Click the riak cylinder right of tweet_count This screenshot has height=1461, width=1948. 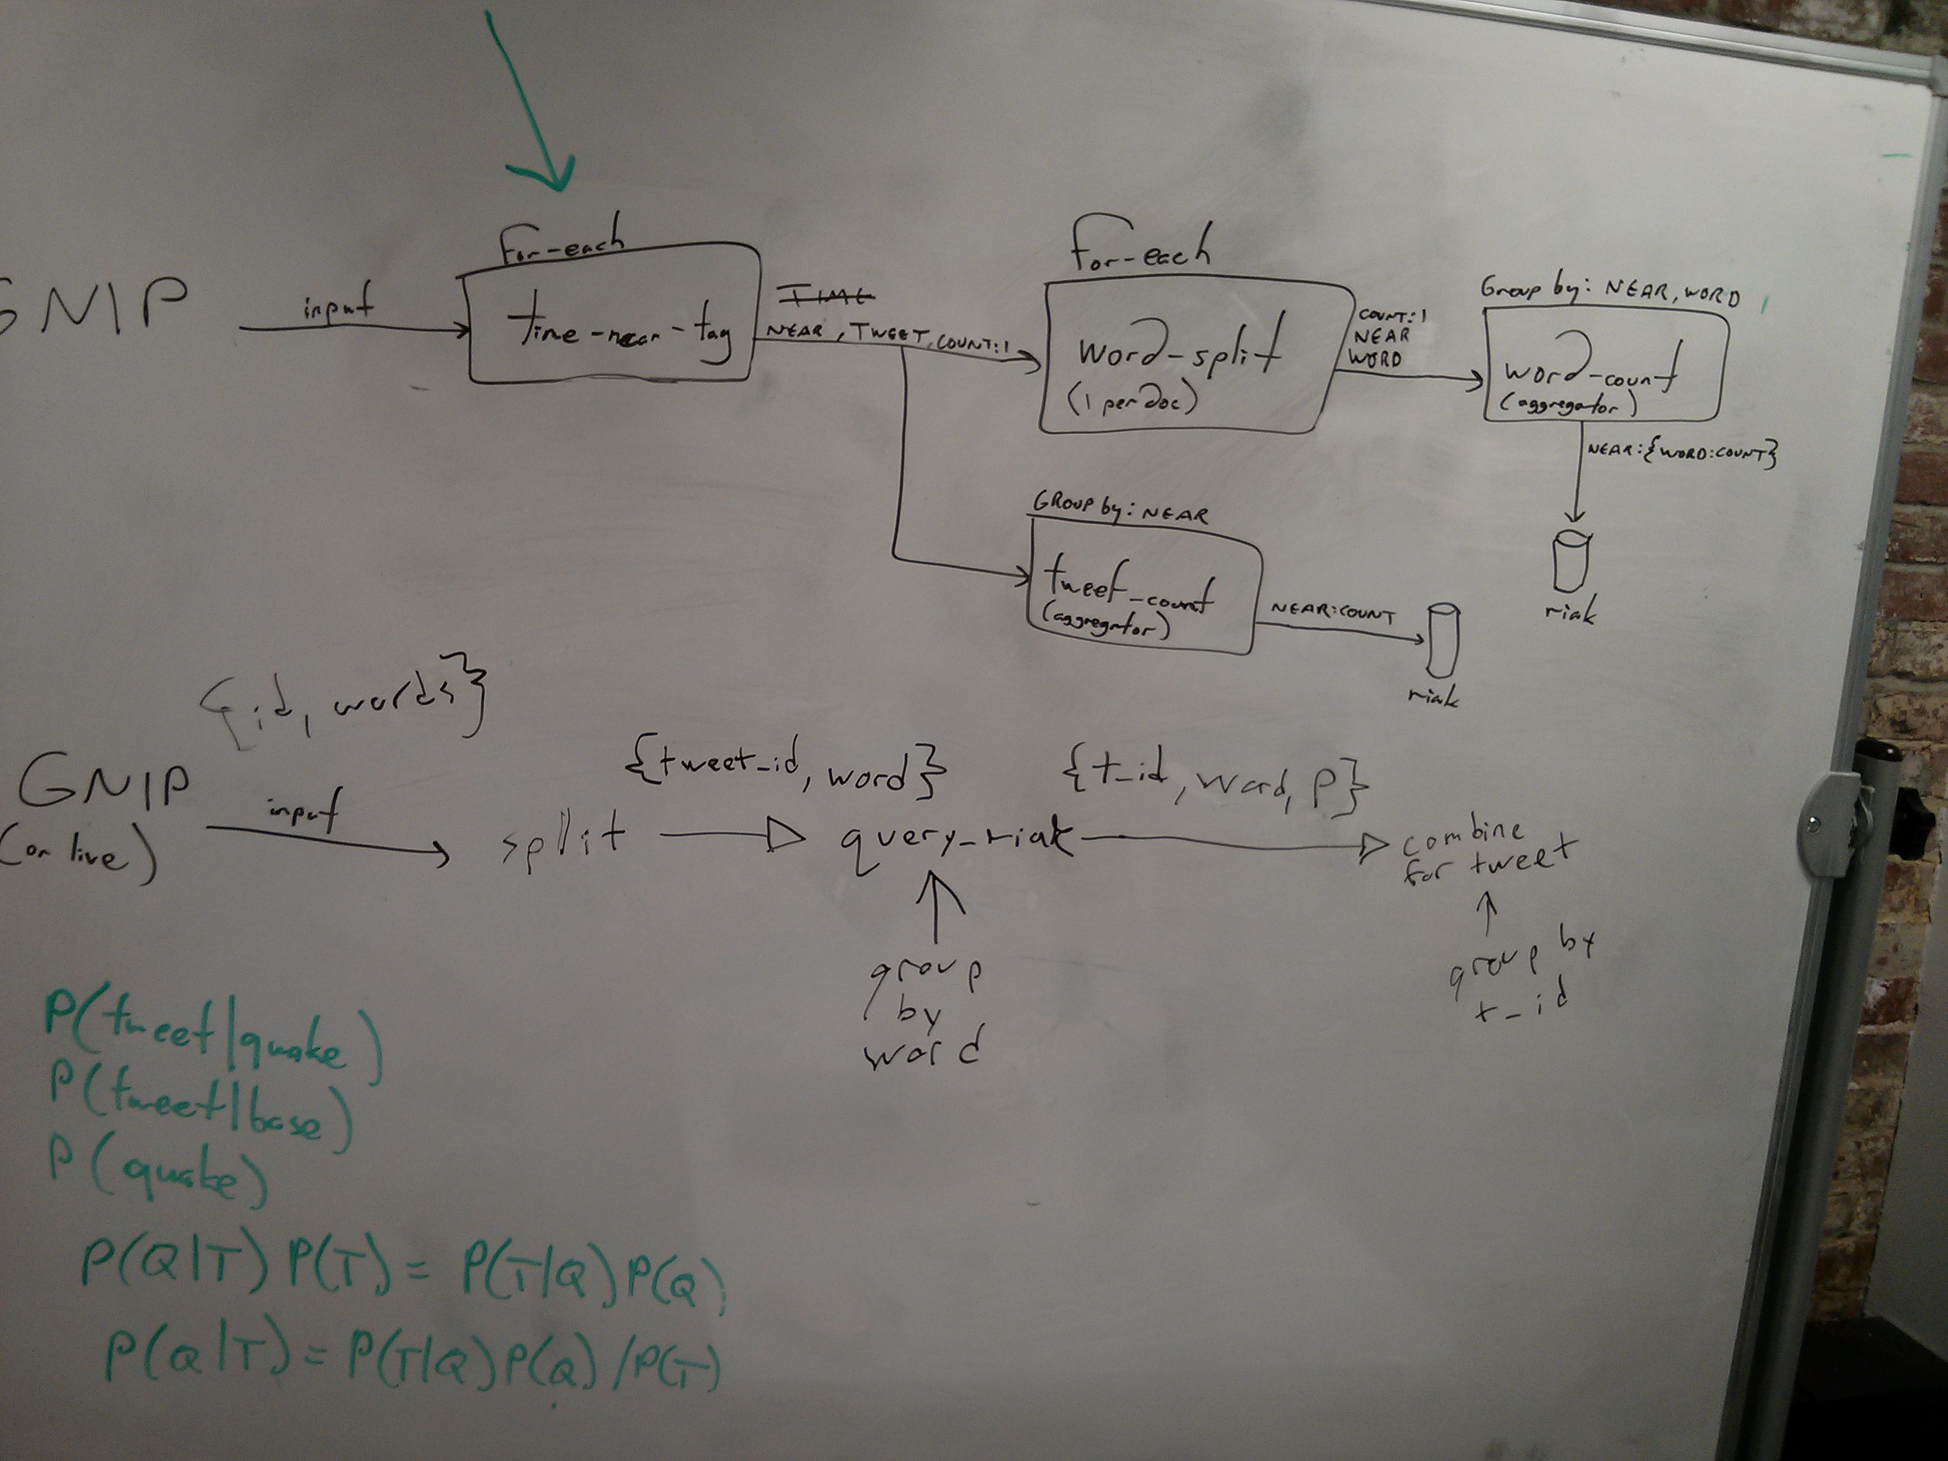tap(1442, 639)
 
